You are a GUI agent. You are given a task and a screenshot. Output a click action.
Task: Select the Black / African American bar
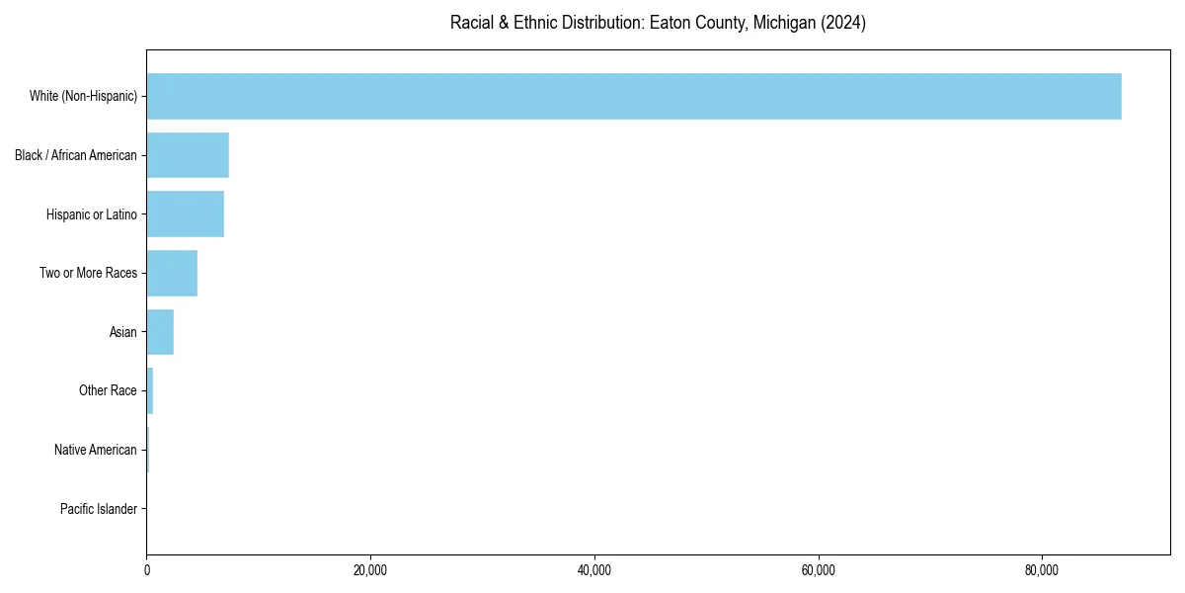pyautogui.click(x=188, y=155)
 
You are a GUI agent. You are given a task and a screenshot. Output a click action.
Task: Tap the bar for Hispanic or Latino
pyautogui.click(x=186, y=214)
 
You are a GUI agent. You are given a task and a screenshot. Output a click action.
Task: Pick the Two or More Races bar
pyautogui.click(x=172, y=273)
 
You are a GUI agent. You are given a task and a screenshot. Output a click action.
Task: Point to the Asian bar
pyautogui.click(x=160, y=332)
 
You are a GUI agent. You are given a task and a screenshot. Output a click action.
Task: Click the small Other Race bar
pyautogui.click(x=150, y=391)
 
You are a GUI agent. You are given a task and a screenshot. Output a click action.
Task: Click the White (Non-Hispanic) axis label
pyautogui.click(x=83, y=96)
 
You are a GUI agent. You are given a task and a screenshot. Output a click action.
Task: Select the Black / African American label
pyautogui.click(x=76, y=155)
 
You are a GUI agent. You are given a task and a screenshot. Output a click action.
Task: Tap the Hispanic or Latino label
pyautogui.click(x=92, y=214)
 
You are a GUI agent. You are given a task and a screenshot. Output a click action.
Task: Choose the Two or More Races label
pyautogui.click(x=88, y=273)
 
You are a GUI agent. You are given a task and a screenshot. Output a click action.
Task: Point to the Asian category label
pyautogui.click(x=123, y=332)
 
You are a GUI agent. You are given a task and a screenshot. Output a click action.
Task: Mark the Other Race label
pyautogui.click(x=108, y=391)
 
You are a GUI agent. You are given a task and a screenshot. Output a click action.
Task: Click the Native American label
pyautogui.click(x=96, y=450)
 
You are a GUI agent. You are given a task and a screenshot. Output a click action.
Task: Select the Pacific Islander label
pyautogui.click(x=99, y=509)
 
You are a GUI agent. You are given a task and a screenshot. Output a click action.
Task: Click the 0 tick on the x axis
pyautogui.click(x=147, y=570)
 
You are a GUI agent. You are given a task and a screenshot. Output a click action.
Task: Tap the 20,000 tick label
pyautogui.click(x=370, y=570)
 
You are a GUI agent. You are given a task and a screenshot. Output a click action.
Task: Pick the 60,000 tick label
pyautogui.click(x=819, y=570)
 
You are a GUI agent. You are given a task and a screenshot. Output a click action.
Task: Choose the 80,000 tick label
pyautogui.click(x=1042, y=570)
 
